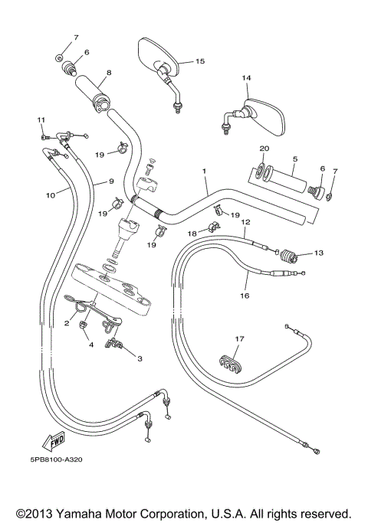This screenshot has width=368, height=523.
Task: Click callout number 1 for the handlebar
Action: [x=205, y=171]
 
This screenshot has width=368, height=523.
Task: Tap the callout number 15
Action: [x=200, y=60]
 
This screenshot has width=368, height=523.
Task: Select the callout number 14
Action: [x=246, y=78]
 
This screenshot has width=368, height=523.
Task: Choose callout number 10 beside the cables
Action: [x=50, y=195]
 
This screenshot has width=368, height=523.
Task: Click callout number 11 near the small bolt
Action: [x=42, y=119]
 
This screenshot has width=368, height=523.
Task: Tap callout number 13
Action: [x=319, y=253]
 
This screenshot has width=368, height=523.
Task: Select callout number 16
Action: [x=245, y=294]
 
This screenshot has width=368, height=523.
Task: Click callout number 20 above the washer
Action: [x=264, y=149]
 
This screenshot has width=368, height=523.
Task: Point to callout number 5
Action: [x=294, y=159]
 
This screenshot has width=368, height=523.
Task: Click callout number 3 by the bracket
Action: [x=140, y=358]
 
